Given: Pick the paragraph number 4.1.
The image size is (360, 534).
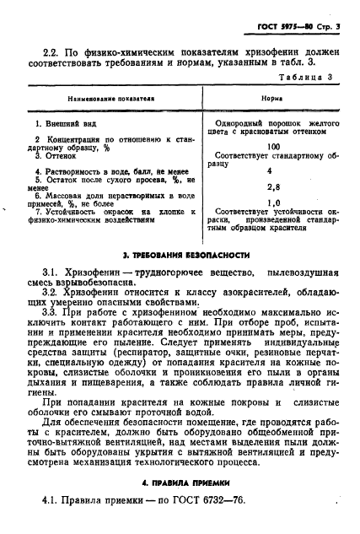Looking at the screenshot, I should point(51,505).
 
